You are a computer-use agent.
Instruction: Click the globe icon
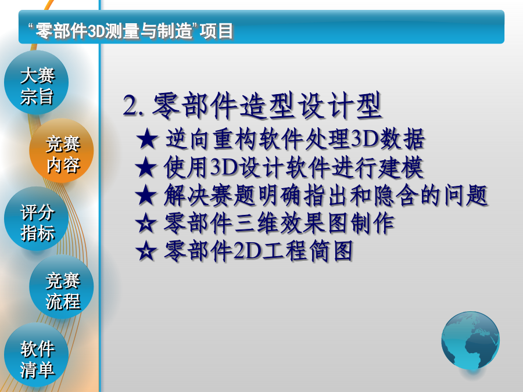[x=470, y=341]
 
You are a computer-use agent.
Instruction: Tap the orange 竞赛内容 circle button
[x=62, y=150]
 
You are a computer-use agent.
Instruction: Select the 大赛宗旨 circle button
[x=37, y=82]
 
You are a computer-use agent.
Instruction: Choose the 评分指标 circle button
[x=37, y=219]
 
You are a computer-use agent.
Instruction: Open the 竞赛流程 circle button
[x=62, y=287]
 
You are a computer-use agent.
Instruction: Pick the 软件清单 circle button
[x=37, y=355]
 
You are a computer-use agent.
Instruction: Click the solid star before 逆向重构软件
[x=147, y=139]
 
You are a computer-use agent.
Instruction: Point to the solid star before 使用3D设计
[x=146, y=167]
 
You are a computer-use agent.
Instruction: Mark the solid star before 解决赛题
[x=146, y=195]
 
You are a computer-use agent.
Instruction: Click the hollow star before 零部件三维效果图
[x=146, y=224]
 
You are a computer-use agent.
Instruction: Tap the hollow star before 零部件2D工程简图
[x=146, y=251]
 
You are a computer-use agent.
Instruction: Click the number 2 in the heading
[x=130, y=105]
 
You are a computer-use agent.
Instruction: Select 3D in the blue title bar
[x=96, y=31]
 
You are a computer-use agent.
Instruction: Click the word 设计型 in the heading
[x=339, y=105]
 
